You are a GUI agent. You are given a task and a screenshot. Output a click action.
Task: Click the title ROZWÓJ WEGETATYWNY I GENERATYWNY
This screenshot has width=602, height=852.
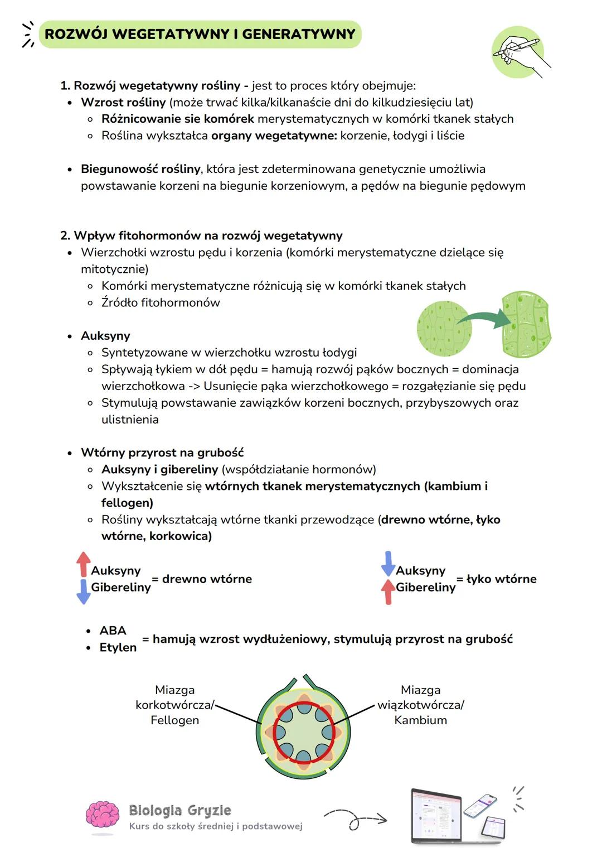coord(200,34)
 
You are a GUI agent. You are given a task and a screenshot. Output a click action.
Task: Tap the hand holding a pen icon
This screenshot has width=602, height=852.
coord(518,51)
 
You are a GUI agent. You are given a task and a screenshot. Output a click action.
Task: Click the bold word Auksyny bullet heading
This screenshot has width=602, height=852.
coord(105,336)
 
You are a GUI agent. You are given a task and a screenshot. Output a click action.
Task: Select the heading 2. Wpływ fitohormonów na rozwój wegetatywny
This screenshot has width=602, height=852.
coord(201,235)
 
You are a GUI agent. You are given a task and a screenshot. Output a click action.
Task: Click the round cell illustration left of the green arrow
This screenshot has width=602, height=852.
coord(444,329)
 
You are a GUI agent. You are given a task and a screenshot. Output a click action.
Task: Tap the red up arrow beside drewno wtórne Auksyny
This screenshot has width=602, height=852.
coord(84,564)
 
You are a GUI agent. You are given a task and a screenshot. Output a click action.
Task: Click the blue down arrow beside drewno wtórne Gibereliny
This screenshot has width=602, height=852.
coord(84,592)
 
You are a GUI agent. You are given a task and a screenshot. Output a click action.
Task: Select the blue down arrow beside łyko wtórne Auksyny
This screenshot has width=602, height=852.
coord(388,564)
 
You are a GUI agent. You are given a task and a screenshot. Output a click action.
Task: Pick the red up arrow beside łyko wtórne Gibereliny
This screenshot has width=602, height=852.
coord(388,592)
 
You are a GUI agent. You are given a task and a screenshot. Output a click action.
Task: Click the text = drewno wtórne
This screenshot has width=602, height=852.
coord(202,579)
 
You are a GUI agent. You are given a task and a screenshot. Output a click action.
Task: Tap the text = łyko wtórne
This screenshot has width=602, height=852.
coord(497,579)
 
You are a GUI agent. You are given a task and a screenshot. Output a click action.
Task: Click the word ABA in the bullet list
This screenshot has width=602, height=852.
coord(113,630)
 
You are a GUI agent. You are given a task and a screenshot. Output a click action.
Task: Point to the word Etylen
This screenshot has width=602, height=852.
coord(118,647)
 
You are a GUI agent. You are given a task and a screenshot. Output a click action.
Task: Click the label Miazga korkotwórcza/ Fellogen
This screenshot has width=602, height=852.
coord(174,705)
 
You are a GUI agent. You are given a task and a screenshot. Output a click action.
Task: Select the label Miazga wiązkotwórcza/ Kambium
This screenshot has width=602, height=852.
coord(421,705)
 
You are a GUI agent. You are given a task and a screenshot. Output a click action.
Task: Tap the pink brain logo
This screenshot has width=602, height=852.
coord(103,816)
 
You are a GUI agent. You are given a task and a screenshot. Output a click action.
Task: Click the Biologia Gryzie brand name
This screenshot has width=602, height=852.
coord(179,810)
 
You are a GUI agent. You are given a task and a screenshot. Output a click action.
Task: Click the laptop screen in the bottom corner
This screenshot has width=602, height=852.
coord(436,815)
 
